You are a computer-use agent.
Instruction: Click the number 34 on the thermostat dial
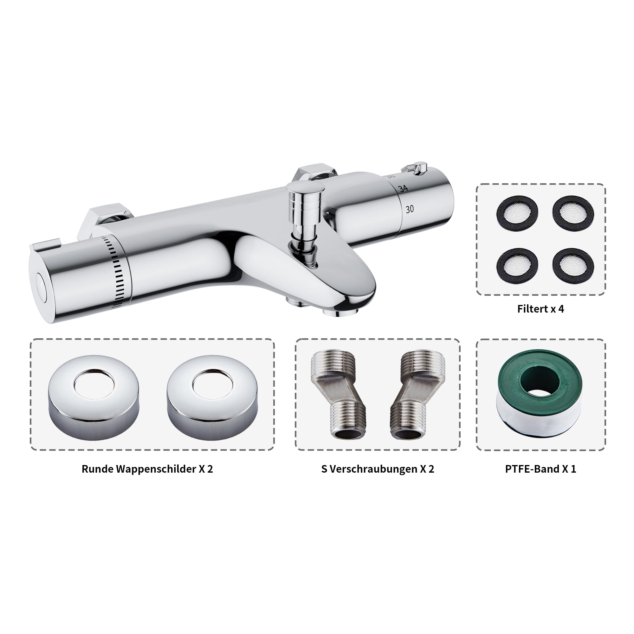click(x=403, y=188)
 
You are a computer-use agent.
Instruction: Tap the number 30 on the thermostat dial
click(x=410, y=209)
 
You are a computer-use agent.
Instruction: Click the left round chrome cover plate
click(x=93, y=398)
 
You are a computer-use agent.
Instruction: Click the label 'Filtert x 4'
click(x=540, y=309)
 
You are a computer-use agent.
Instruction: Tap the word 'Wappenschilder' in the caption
click(x=156, y=469)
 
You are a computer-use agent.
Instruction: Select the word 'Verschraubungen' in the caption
click(x=373, y=469)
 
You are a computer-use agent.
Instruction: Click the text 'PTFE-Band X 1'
click(x=540, y=469)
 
